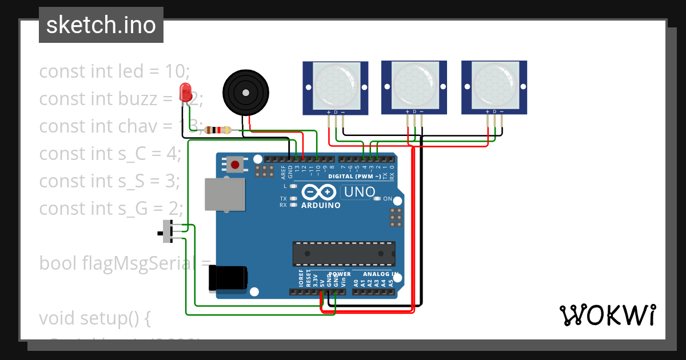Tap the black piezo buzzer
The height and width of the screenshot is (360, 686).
pyautogui.click(x=245, y=92)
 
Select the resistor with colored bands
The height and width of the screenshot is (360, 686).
pyautogui.click(x=218, y=130)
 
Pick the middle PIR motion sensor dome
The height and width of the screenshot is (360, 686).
pyautogui.click(x=414, y=85)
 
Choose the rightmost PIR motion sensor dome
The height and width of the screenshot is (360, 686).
pyautogui.click(x=494, y=85)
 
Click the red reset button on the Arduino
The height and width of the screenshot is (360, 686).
pyautogui.click(x=234, y=165)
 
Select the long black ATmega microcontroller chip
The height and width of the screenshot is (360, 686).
pyautogui.click(x=344, y=253)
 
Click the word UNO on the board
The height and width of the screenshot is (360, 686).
pyautogui.click(x=359, y=192)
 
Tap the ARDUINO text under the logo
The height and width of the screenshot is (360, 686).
pyautogui.click(x=321, y=205)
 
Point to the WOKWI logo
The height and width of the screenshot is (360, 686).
pyautogui.click(x=607, y=315)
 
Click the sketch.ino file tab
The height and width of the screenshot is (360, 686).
pyautogui.click(x=101, y=25)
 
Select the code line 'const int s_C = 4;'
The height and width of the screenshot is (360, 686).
pyautogui.click(x=110, y=153)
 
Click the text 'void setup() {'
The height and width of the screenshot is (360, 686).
pyautogui.click(x=94, y=317)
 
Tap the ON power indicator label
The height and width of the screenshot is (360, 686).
pyautogui.click(x=388, y=199)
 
